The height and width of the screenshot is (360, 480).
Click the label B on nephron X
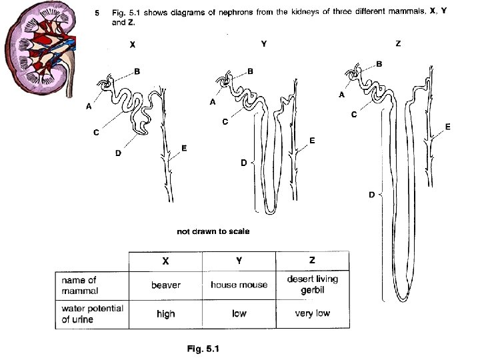point(137,71)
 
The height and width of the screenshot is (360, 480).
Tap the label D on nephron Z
point(372,195)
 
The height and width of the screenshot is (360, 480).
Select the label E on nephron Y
point(311,141)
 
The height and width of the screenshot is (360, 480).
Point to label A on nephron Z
point(341,95)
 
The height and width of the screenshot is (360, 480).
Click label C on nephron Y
point(225,122)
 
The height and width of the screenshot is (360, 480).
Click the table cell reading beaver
point(166,285)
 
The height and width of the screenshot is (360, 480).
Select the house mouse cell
point(239,285)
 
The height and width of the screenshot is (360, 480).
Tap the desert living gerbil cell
point(312,285)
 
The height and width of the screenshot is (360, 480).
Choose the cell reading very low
point(312,313)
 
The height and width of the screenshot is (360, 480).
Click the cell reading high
point(166,314)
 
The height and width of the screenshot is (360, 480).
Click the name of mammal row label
point(79,285)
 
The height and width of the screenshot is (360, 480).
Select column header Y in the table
point(239,260)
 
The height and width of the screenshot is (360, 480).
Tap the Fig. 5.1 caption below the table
point(204,348)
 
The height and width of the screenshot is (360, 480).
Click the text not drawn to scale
point(213,231)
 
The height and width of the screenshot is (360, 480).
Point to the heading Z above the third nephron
point(398,44)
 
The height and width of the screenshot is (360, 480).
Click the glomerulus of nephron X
point(105,85)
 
